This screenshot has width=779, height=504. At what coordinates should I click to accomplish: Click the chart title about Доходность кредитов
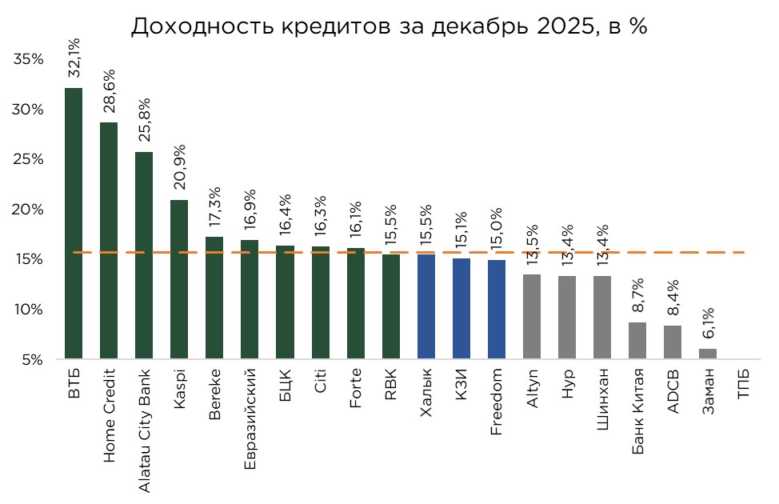click(x=389, y=26)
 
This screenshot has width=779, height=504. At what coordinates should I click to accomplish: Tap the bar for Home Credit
click(x=109, y=240)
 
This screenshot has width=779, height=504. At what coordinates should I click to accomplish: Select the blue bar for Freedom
click(x=497, y=309)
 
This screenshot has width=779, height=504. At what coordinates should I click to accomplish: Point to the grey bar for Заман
click(x=708, y=354)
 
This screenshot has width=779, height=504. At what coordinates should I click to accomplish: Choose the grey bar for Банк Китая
click(x=637, y=340)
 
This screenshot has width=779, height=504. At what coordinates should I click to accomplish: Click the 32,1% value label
click(x=74, y=58)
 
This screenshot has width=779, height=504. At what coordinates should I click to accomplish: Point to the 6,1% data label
click(x=708, y=323)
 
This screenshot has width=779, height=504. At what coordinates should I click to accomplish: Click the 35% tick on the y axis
click(x=28, y=59)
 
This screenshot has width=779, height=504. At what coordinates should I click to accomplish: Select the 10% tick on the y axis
click(x=28, y=310)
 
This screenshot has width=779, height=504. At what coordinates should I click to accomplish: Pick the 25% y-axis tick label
click(x=28, y=159)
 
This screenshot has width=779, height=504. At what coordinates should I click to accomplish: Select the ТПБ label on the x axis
click(x=743, y=382)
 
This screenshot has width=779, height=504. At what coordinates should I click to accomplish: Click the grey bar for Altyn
click(x=532, y=317)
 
